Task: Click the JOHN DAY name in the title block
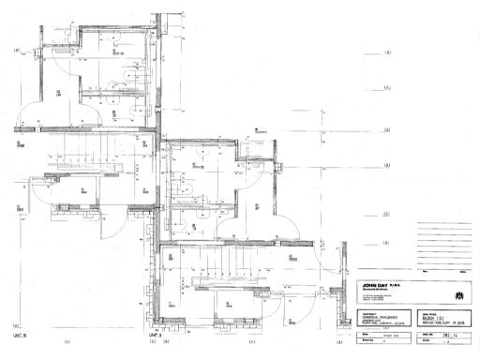[381, 282]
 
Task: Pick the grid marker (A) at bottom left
[67, 342]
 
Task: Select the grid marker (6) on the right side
[386, 165]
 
